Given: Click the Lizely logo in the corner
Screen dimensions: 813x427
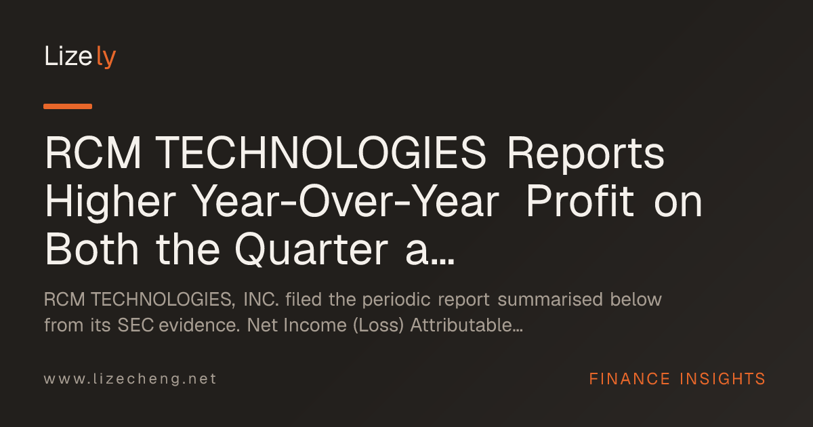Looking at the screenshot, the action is (80, 57).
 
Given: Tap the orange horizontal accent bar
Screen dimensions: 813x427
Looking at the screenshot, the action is (68, 106).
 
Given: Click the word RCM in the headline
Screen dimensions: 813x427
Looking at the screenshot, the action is (93, 153).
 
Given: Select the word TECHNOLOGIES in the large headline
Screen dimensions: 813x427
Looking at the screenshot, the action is (322, 153).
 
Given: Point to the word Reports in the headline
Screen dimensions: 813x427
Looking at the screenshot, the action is (586, 154).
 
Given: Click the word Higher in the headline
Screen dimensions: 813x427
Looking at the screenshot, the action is (110, 202).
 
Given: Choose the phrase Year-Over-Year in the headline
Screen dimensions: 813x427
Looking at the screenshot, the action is (346, 201).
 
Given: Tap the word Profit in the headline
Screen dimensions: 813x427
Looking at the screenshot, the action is (580, 201).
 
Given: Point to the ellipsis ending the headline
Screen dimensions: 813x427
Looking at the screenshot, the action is (443, 262).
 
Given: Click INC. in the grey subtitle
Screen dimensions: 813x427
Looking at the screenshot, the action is (261, 300).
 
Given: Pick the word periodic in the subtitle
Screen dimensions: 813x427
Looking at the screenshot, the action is (396, 300).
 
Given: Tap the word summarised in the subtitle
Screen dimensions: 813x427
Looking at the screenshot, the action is (550, 300).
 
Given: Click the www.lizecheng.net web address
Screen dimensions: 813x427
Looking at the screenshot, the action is (130, 379).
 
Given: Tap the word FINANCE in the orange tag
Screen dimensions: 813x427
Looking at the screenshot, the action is (629, 379).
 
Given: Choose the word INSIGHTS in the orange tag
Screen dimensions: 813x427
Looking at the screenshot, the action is (722, 379).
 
